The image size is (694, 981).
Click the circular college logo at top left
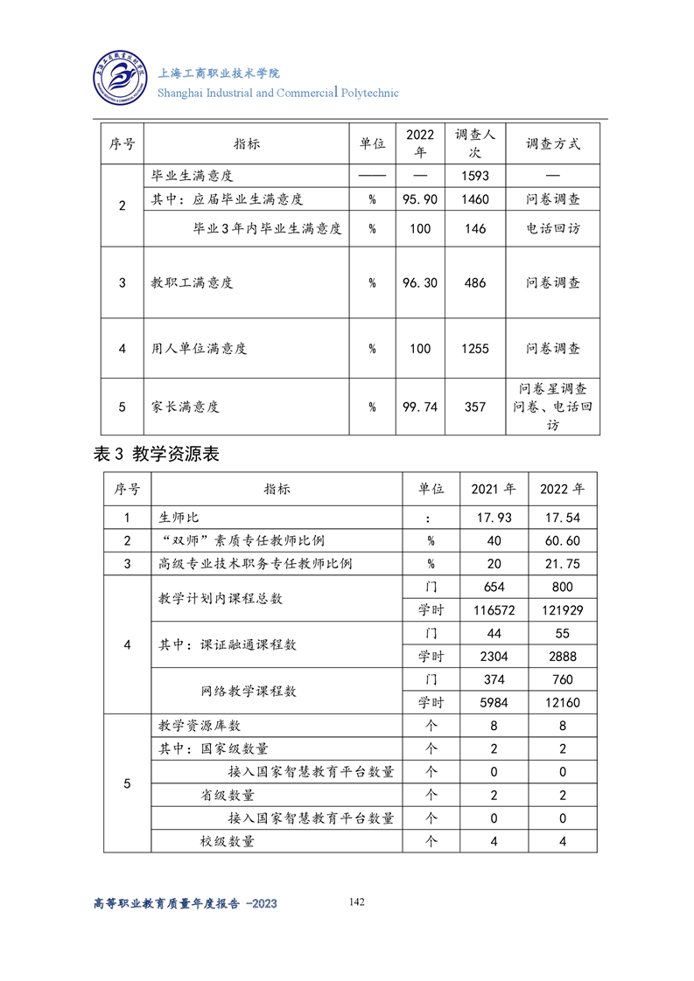[x=123, y=80]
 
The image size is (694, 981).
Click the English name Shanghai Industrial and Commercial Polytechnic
[x=277, y=93]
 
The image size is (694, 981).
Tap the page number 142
[x=356, y=901]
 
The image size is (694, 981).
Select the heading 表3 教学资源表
[x=156, y=454]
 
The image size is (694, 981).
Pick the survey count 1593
[x=474, y=176]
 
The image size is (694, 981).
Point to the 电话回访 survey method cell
[x=552, y=228]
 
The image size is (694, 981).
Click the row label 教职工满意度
[x=192, y=283]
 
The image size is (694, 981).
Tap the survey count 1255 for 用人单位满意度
[x=474, y=348]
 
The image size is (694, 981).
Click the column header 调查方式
[x=552, y=143]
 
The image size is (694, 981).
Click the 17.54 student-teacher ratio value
[x=562, y=518]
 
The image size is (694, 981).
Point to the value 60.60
[x=562, y=541]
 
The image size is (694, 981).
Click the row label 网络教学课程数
[x=249, y=691]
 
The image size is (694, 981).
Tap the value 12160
[x=562, y=702]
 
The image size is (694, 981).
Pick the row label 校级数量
[x=227, y=841]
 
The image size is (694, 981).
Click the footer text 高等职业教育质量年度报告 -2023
[x=185, y=903]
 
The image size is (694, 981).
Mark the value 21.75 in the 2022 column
[x=562, y=564]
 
